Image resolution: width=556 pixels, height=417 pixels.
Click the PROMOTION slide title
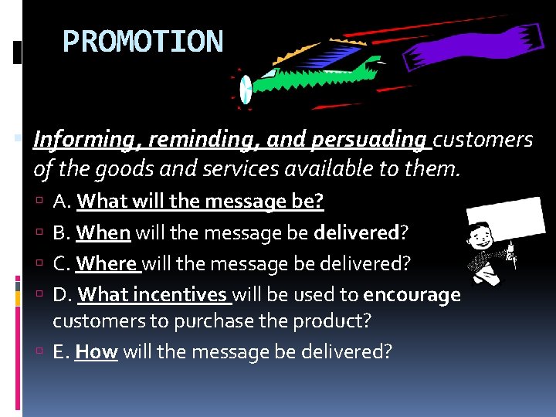click(142, 42)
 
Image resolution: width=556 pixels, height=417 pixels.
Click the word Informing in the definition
click(75, 140)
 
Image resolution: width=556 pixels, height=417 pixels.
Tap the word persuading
click(368, 140)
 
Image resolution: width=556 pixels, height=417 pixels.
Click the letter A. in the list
click(63, 202)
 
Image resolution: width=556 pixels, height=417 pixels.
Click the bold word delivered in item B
click(355, 233)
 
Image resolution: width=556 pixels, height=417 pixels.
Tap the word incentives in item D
click(183, 295)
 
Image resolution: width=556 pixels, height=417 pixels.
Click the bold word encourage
click(412, 295)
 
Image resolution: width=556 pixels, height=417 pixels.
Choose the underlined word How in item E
click(96, 352)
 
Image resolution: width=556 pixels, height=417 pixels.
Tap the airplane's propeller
click(245, 88)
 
